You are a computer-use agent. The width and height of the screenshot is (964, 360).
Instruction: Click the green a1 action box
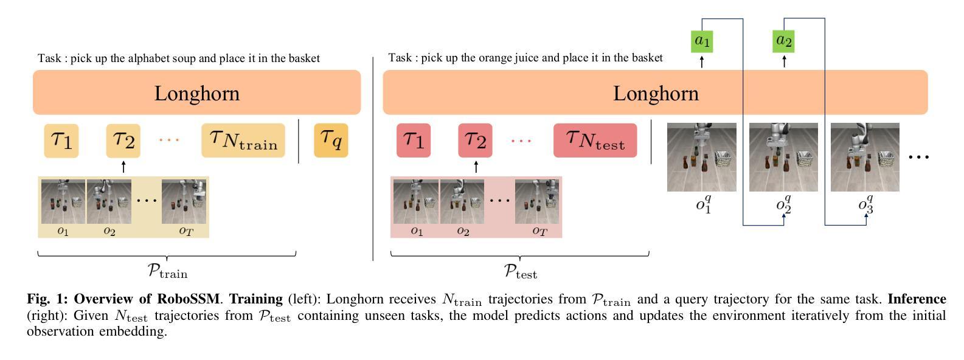(702, 41)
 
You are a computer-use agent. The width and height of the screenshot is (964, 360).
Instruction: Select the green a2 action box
(784, 41)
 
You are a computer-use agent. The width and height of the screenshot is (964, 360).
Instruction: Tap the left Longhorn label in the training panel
(196, 93)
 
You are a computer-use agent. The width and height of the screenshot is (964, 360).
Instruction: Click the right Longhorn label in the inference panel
(656, 93)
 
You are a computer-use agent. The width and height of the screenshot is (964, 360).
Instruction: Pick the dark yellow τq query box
(331, 140)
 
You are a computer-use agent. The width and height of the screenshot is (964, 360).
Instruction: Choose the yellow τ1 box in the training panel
(61, 140)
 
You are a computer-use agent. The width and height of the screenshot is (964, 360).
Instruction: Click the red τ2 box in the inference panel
(475, 140)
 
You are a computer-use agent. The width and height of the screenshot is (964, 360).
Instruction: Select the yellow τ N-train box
(243, 140)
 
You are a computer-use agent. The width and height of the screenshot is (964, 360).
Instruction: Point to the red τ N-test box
(595, 140)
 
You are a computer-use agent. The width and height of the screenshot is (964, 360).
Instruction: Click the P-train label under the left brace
(167, 271)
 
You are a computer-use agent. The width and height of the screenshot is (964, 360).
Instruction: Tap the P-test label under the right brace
(520, 271)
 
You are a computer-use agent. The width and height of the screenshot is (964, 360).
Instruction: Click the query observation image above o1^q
(701, 157)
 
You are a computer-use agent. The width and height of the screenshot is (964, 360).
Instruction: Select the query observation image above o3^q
(865, 157)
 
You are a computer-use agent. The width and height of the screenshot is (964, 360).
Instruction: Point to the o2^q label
(784, 203)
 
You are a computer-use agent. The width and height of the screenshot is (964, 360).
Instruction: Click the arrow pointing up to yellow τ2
(123, 166)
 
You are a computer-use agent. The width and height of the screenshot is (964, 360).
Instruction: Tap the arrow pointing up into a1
(702, 61)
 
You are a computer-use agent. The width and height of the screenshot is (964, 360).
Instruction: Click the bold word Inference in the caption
(917, 299)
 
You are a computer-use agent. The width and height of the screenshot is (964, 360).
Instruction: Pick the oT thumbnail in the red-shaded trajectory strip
(537, 201)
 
